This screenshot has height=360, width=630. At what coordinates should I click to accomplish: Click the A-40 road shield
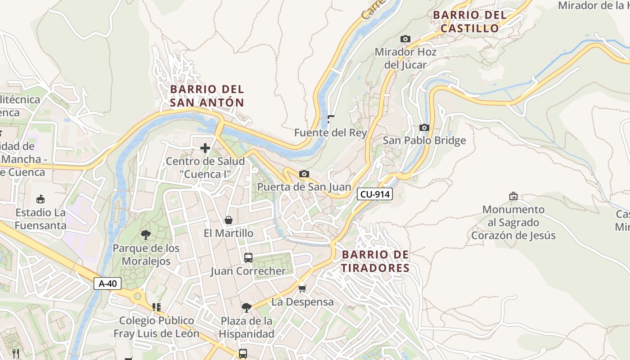point(108,283)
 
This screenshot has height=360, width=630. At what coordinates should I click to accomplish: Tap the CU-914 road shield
point(375,194)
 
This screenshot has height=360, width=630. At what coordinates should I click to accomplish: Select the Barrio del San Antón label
point(207,96)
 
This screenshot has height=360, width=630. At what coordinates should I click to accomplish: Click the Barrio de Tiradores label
point(375,261)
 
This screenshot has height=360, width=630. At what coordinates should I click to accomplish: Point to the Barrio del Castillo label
point(470,22)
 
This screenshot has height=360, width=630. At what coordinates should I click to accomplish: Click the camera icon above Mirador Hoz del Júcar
point(405,39)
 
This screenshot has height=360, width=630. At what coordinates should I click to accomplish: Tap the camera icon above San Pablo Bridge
point(424,128)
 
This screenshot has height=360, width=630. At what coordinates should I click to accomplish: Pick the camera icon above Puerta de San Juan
point(304,174)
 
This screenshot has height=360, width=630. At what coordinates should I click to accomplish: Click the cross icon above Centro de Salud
point(205,148)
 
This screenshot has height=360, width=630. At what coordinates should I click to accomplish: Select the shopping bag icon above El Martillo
point(229,220)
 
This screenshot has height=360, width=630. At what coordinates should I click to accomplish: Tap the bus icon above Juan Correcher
point(248,258)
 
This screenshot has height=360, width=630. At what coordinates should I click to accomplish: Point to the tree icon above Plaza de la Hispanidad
point(246,308)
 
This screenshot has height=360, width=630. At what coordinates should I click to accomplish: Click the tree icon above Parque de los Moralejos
point(145,234)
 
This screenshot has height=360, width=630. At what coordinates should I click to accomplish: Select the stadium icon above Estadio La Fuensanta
point(40,199)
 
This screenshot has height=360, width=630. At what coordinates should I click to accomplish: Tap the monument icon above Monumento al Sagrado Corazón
point(513,196)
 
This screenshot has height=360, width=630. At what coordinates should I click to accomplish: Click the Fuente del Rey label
point(330,133)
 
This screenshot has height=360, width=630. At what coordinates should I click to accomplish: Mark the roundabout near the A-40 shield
point(138,296)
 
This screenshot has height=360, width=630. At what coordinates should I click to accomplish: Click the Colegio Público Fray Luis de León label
point(156,327)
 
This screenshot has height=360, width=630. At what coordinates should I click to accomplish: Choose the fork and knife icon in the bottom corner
point(16,353)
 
